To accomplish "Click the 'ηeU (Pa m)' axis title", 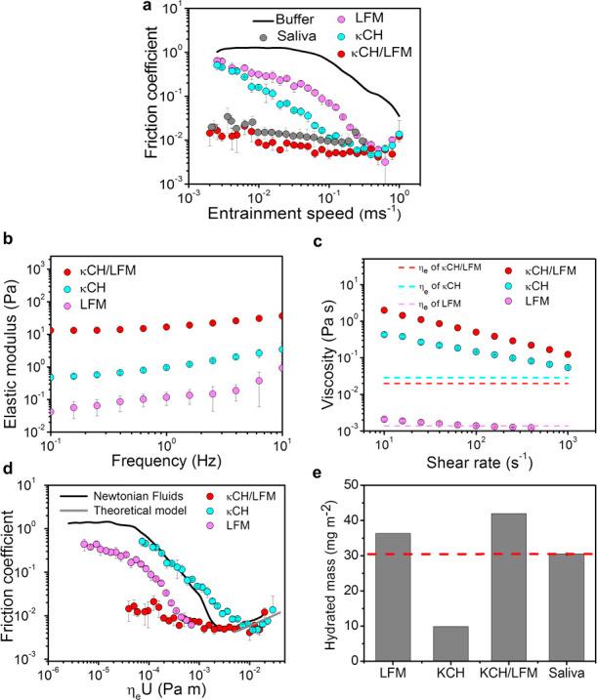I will click(163, 690).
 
